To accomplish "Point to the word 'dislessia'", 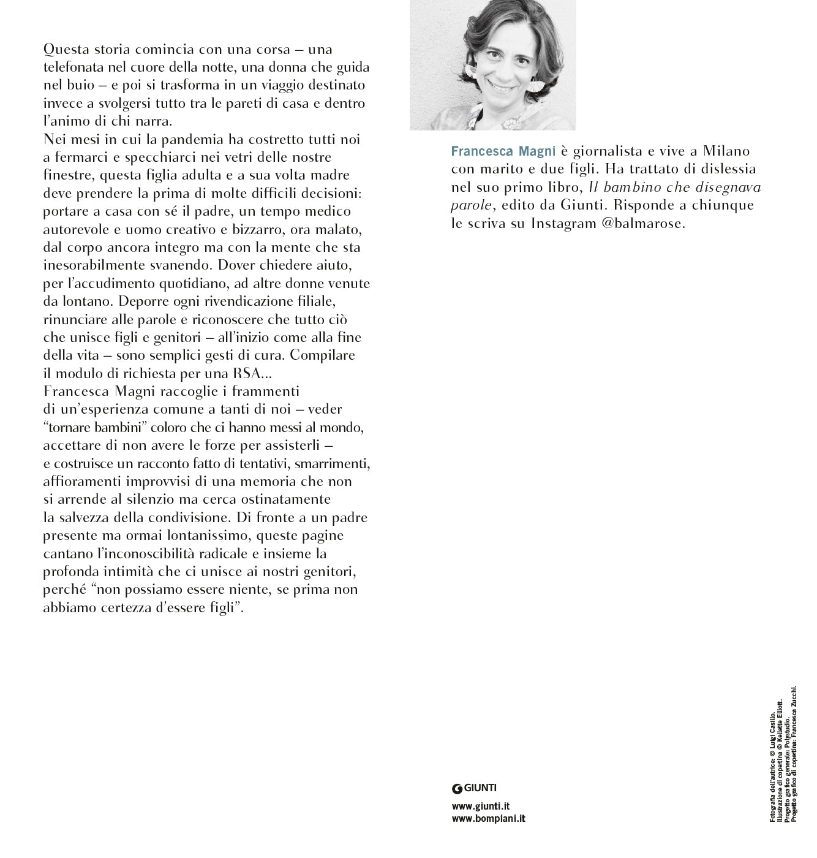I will [728, 169].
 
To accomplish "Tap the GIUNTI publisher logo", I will [474, 788].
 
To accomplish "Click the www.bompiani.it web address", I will [488, 818].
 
